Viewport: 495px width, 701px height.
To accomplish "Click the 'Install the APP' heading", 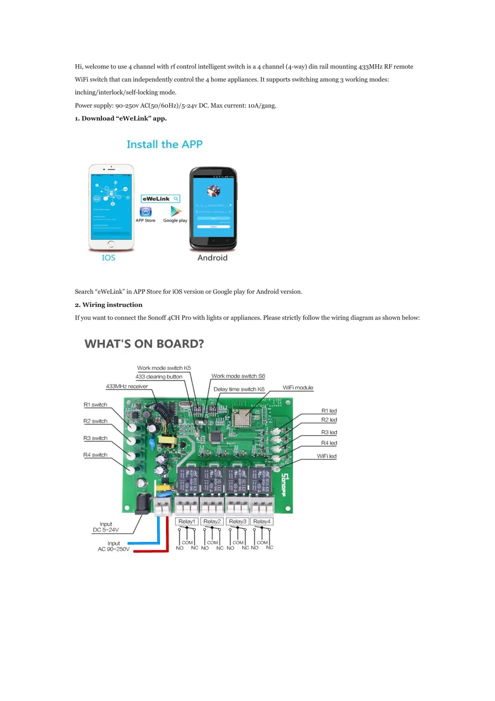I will (164, 145).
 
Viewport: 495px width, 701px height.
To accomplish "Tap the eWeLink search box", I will (160, 199).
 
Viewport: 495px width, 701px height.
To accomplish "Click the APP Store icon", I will (146, 212).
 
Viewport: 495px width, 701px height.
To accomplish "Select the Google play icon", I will (176, 211).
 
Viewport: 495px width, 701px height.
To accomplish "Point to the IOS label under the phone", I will (109, 258).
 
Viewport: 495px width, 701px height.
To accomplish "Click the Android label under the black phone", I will (212, 258).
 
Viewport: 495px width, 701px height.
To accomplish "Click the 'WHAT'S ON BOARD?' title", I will (144, 344).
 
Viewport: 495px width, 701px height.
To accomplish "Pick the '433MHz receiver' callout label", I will (127, 387).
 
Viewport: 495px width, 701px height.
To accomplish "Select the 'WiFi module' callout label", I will (298, 388).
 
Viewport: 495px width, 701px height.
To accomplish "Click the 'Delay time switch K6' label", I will (239, 389).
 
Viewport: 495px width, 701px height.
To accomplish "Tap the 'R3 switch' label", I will (95, 438).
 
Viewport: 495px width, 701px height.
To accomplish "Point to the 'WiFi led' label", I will (326, 456).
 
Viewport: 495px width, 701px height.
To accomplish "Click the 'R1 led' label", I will (329, 411).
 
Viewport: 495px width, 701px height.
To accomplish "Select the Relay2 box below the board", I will (212, 521).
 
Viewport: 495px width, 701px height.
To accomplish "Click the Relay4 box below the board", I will (262, 521).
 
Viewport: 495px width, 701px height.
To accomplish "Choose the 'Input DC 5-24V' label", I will (106, 527).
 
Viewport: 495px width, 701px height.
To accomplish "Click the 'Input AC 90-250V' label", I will (114, 546).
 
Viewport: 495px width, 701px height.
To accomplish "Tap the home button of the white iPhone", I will (111, 244).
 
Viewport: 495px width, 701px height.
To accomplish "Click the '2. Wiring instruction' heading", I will (109, 305).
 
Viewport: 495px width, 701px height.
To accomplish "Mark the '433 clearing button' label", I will (159, 377).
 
